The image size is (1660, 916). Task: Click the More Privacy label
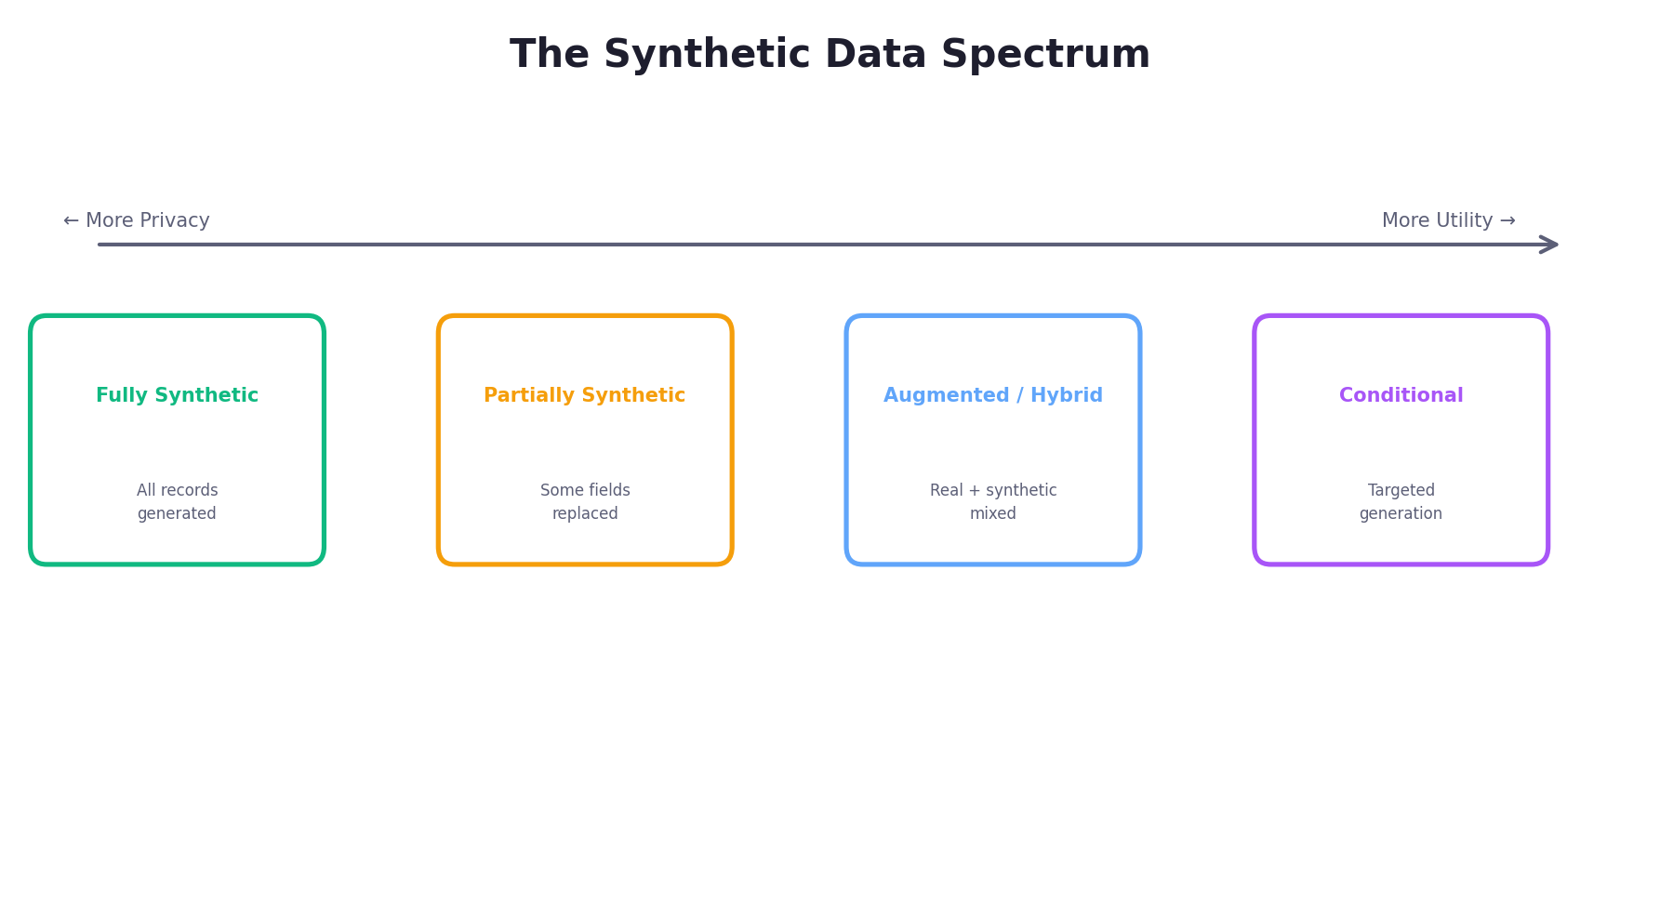(137, 221)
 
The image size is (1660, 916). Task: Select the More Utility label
(1448, 221)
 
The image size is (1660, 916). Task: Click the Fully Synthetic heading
(177, 396)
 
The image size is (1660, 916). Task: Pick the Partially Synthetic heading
(584, 396)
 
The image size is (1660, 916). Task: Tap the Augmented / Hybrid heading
(992, 396)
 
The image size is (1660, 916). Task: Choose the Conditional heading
(1401, 396)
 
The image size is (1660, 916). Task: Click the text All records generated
(177, 502)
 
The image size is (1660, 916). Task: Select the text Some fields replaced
(585, 502)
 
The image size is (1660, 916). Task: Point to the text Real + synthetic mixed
(993, 502)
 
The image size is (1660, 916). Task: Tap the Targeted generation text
(1401, 502)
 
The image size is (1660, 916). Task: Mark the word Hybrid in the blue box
(1066, 396)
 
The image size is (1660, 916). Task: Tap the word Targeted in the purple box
(1401, 491)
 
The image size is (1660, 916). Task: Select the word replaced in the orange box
(585, 514)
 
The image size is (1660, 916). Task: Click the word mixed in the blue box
(993, 514)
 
